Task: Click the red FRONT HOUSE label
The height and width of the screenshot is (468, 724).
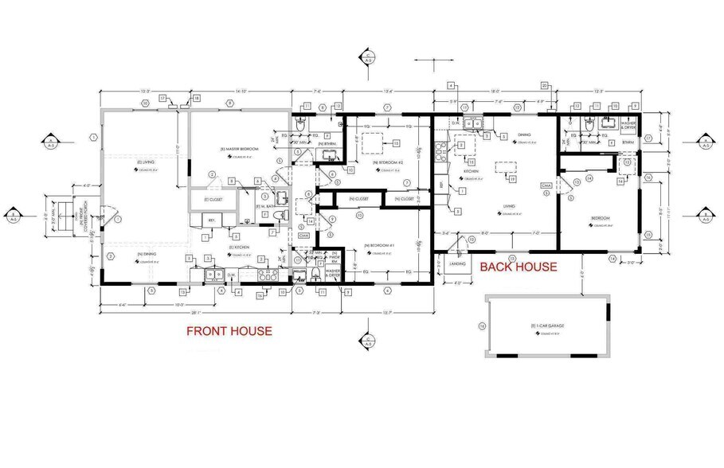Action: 229,331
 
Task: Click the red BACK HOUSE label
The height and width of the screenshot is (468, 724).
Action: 518,267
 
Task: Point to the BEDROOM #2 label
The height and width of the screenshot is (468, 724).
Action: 381,162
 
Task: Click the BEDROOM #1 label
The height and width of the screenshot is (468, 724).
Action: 380,245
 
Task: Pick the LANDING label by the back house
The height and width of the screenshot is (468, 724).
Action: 457,263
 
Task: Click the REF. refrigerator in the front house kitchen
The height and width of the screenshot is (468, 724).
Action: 212,220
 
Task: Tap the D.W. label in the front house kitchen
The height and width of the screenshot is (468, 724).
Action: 232,276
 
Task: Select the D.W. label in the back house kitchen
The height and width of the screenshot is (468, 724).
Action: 456,123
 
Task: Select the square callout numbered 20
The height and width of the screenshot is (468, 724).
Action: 545,85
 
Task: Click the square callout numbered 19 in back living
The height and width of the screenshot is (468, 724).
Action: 513,179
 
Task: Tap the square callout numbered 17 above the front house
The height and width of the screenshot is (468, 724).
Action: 161,97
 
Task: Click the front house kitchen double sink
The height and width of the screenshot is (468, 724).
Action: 213,275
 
